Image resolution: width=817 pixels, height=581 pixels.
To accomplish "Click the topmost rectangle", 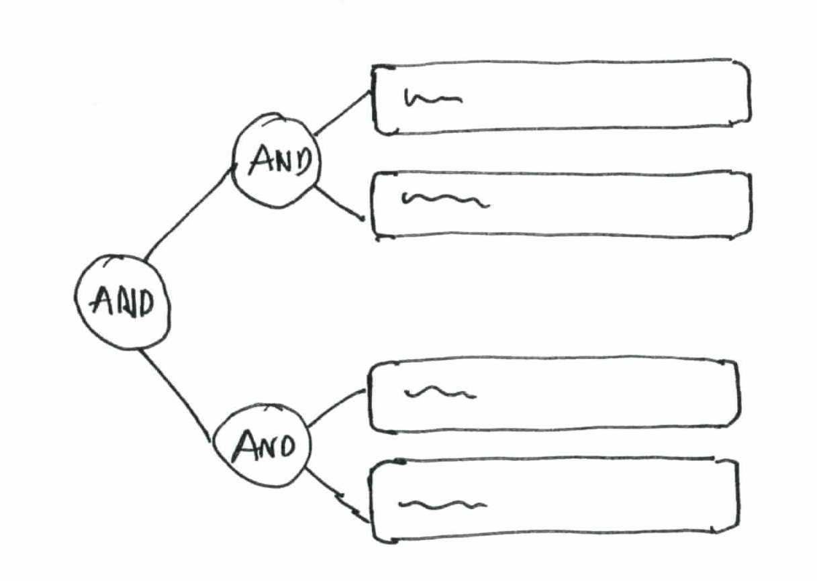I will click(561, 98).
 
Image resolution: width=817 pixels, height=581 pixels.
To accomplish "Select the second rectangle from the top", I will click(561, 204).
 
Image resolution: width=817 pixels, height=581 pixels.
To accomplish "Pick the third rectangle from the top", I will click(554, 396).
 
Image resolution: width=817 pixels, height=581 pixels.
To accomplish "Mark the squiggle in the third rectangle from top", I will click(440, 393).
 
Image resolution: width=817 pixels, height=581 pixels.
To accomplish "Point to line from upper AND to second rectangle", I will click(339, 204).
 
